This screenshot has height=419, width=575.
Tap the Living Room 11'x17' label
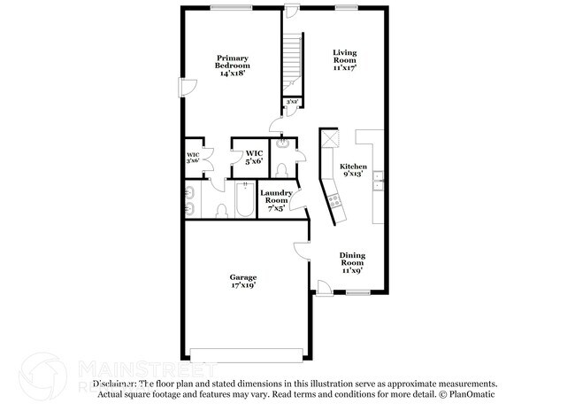click(344, 59)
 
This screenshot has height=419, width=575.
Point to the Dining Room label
click(353, 263)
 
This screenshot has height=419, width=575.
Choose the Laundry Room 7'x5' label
click(276, 201)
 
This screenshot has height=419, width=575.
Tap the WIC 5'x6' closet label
click(254, 157)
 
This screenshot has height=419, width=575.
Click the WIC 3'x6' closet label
click(192, 159)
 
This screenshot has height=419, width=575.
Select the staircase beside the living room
click(293, 62)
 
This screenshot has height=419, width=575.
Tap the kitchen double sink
click(378, 181)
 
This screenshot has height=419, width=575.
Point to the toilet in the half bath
click(281, 168)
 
